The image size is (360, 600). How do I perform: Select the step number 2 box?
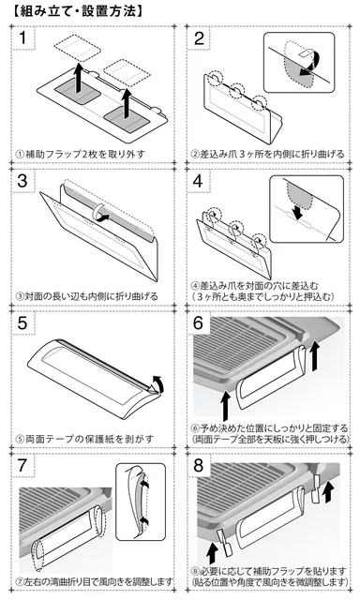(200, 39)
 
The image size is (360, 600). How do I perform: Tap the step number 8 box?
(200, 465)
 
